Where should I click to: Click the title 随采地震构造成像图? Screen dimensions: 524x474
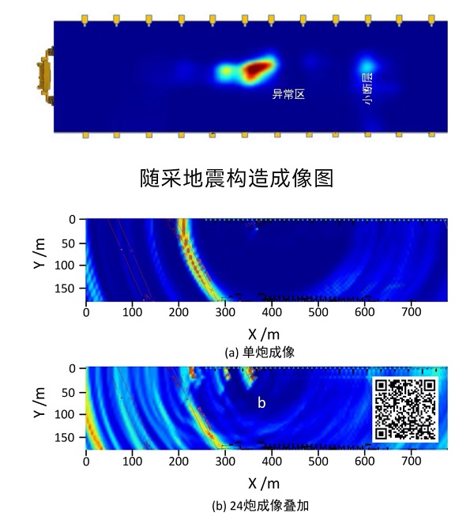tap(236, 177)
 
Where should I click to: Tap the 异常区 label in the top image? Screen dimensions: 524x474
tap(288, 94)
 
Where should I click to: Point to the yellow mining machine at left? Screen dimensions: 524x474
tap(44, 76)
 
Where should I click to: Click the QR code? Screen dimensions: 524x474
tap(404, 409)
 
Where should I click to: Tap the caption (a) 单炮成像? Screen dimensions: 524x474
tap(260, 352)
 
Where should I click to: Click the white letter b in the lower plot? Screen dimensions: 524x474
tap(261, 403)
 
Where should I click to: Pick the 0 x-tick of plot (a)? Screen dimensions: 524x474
tap(86, 313)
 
